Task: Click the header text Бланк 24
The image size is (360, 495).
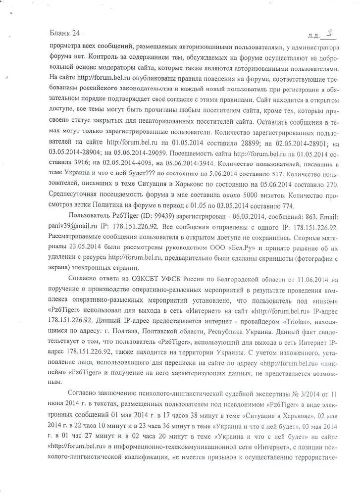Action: tap(65, 34)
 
